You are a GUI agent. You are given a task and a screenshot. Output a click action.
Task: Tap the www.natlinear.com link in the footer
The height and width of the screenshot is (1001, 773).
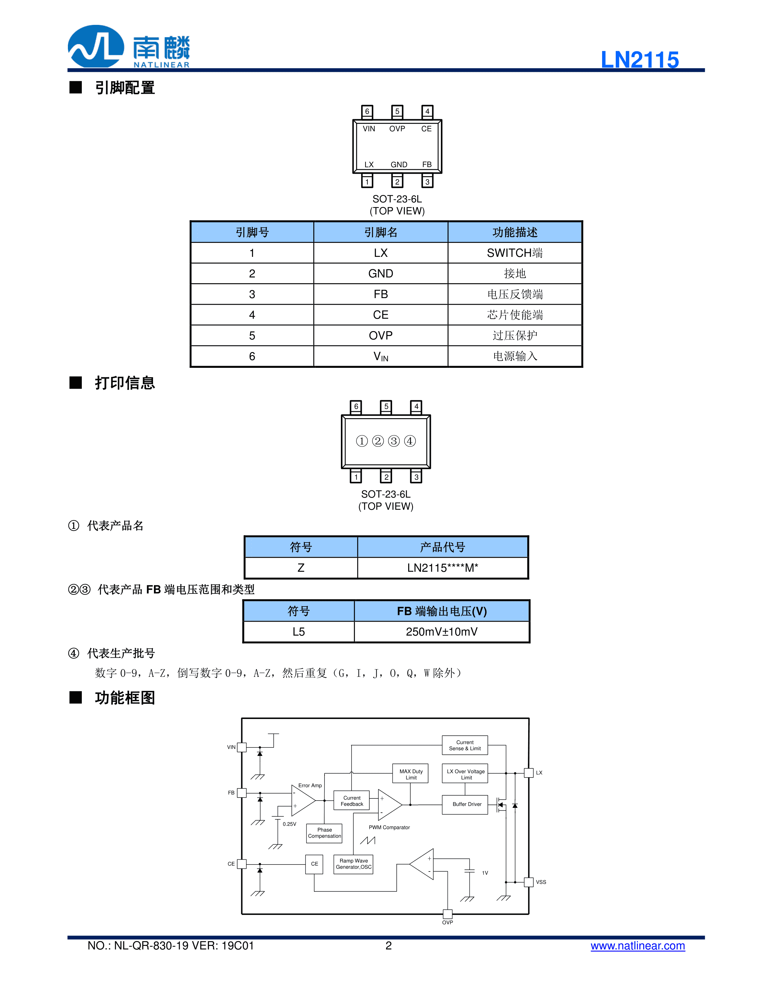(638, 946)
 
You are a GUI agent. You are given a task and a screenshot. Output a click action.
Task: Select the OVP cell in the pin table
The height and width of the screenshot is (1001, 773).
(381, 335)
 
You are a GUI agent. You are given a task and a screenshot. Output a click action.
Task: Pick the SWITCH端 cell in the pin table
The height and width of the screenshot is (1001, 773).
(515, 253)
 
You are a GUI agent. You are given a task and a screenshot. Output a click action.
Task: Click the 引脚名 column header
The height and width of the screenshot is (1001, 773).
(381, 232)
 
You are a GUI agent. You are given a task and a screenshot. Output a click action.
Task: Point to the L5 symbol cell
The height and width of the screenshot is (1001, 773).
(298, 632)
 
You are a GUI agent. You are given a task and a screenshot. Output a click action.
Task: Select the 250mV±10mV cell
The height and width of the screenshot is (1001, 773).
(441, 632)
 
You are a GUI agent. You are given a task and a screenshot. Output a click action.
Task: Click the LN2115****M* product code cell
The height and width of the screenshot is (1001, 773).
(442, 568)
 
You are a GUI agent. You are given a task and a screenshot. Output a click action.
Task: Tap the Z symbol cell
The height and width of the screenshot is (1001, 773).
(301, 568)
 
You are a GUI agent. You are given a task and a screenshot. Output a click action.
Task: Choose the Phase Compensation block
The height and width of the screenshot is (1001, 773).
(324, 833)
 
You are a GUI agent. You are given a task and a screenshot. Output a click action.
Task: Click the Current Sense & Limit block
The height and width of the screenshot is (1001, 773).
(465, 745)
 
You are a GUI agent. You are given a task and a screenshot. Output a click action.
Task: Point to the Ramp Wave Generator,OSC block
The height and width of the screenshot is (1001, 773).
(354, 864)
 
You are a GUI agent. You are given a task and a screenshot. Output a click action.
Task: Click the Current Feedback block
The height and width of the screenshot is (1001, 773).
(352, 801)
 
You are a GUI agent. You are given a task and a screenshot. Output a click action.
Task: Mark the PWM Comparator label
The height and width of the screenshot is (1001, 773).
(389, 827)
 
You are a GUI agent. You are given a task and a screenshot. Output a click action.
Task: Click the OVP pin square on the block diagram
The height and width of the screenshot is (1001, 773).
(447, 914)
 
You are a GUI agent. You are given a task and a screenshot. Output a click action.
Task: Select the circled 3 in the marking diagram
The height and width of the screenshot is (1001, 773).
(394, 441)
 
